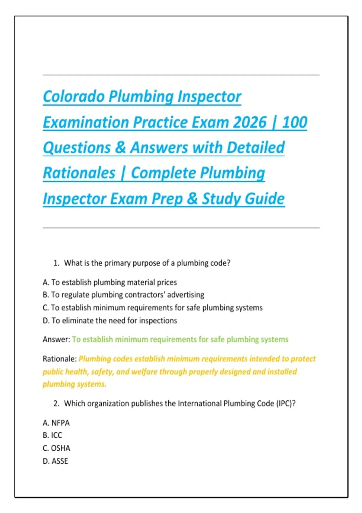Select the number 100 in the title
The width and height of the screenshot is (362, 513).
coord(295,122)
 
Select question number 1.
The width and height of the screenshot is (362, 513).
coord(56,263)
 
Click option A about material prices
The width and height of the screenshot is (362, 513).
coord(110,282)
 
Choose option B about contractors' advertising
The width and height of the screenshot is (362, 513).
coord(123,295)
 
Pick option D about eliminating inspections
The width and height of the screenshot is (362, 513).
coord(110,320)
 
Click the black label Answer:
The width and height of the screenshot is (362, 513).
coord(56,339)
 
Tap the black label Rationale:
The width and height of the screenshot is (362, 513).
coord(60,358)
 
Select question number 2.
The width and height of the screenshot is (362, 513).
coord(56,403)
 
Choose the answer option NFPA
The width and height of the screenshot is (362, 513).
coord(56,423)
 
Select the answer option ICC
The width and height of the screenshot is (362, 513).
coord(52,435)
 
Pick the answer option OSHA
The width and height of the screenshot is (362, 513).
coord(56,448)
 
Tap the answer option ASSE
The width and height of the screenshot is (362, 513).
coord(56,461)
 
